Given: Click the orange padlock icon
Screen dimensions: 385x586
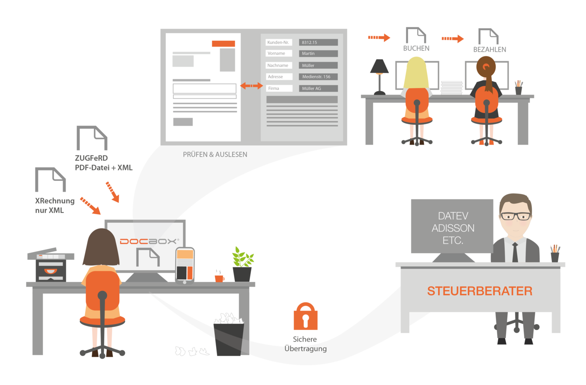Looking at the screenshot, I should click(305, 317).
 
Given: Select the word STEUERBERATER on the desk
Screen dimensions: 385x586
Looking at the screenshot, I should click(480, 291).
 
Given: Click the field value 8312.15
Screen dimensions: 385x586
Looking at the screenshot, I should click(318, 42).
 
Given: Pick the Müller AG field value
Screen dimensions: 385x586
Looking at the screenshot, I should click(318, 88).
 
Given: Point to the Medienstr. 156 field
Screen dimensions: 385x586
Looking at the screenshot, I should click(318, 77).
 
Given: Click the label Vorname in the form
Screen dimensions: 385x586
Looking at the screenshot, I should click(279, 53).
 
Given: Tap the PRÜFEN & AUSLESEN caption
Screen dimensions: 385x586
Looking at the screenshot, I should click(215, 155).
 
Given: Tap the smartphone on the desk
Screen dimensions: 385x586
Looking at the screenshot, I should click(185, 265).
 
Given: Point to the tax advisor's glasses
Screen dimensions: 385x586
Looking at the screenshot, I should click(516, 216).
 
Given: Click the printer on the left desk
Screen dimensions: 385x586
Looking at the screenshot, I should click(51, 266).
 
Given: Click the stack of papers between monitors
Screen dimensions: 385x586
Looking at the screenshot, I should click(452, 87).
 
